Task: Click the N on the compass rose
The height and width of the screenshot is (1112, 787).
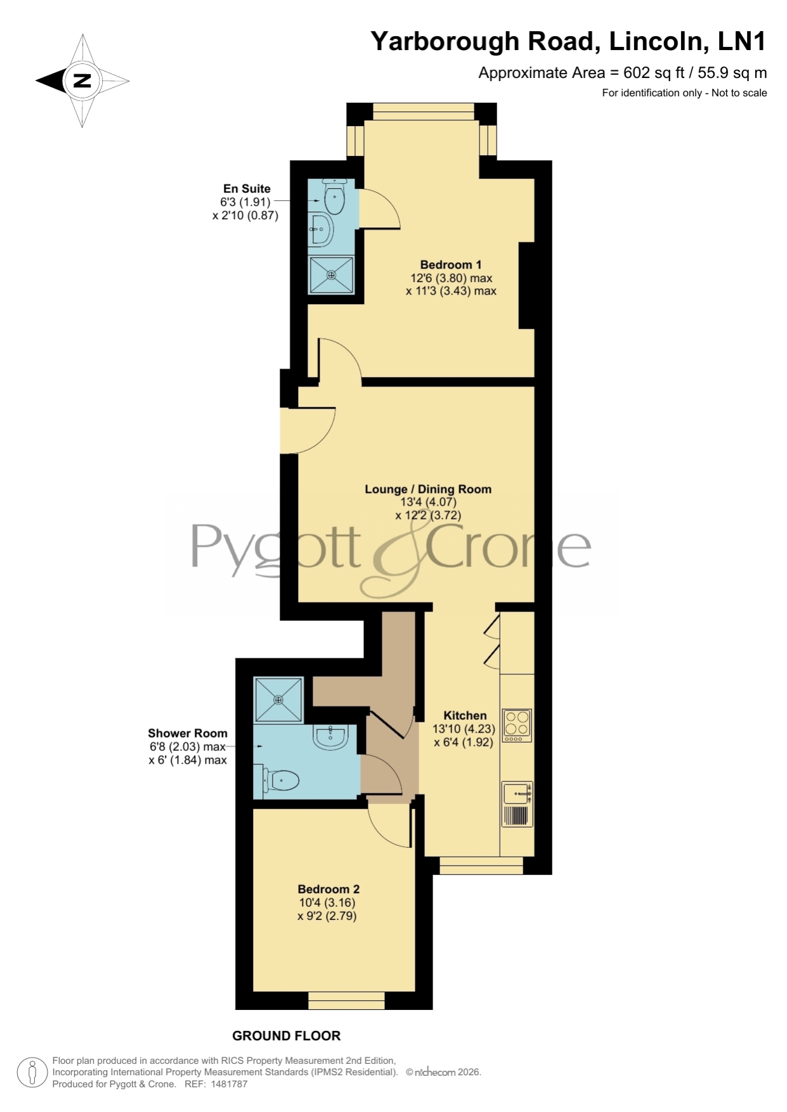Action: pos(82,80)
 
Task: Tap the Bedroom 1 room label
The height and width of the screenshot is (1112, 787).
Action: pos(451,265)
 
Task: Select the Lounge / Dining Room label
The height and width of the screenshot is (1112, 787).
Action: pos(428,489)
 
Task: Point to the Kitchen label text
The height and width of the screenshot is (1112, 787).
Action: pos(465,715)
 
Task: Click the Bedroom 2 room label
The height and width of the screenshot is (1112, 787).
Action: pos(328,890)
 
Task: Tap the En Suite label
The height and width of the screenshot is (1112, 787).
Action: pos(247,189)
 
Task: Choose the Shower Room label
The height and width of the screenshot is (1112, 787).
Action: pos(188,733)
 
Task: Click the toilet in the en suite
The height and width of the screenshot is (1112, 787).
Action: pos(333,196)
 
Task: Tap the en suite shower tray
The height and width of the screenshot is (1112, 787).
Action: pos(331,275)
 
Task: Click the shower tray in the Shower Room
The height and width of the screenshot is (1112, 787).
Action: pos(278,700)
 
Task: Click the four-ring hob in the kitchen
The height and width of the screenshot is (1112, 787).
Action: pos(517,725)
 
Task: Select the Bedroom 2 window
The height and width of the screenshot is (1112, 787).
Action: pos(347,1000)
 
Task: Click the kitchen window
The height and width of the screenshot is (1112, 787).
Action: pos(481,866)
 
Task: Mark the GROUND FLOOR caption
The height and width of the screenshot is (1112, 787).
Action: pos(287,1036)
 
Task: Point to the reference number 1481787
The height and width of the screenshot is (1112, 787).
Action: pos(226,1084)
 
